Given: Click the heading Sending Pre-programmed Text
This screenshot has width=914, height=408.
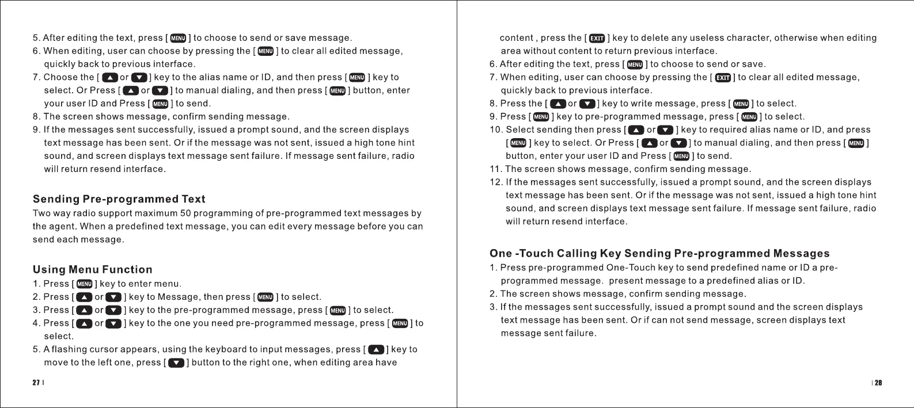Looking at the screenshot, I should click(x=119, y=199).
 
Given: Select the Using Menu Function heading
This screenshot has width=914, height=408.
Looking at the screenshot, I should click(x=93, y=269).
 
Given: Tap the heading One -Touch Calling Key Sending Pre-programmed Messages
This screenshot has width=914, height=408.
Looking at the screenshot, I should click(x=659, y=253).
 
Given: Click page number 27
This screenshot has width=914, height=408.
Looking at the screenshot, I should click(x=36, y=383).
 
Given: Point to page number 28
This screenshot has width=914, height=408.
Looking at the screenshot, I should click(x=878, y=383).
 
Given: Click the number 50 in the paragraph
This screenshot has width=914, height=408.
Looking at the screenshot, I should click(x=186, y=213).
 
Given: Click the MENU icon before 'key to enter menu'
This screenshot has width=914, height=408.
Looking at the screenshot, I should click(x=85, y=284).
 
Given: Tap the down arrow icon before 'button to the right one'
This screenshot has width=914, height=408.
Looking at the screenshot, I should click(x=176, y=363).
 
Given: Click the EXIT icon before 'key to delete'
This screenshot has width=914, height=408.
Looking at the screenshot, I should click(x=597, y=39).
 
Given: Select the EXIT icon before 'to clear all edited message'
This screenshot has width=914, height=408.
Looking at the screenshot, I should click(x=723, y=78).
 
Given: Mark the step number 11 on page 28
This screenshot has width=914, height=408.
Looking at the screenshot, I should click(x=495, y=169).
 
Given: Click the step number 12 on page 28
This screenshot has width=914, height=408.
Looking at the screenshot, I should click(x=495, y=182).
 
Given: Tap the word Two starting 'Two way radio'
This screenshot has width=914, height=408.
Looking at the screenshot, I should click(x=42, y=213).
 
